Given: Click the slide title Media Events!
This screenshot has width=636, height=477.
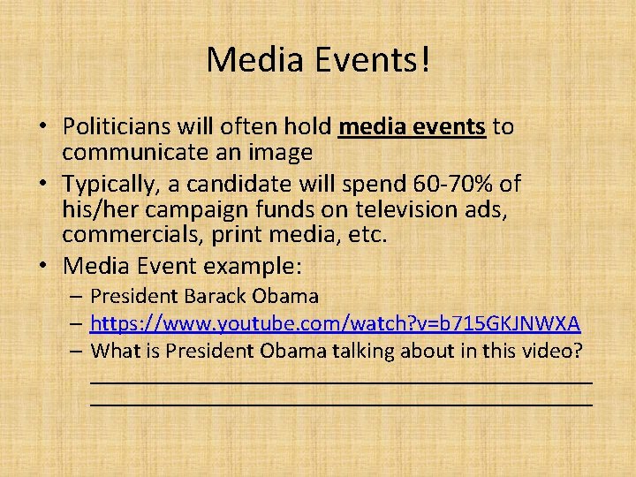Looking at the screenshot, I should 318,60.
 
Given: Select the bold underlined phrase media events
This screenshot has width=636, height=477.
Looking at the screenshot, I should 412,127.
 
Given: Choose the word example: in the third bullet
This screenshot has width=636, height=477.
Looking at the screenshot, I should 259,266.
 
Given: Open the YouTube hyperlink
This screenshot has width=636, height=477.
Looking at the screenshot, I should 335,323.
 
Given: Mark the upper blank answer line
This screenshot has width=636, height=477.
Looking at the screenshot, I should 341,382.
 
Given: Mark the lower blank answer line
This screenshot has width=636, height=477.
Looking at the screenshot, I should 341,403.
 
